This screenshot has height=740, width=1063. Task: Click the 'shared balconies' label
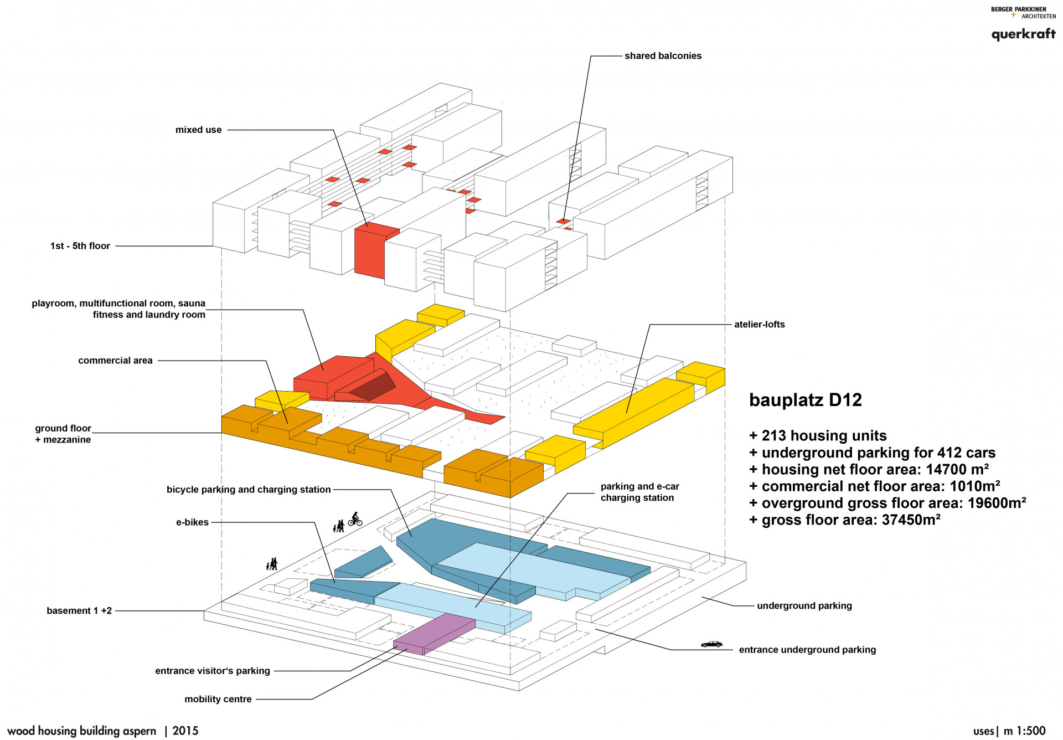pos(663,56)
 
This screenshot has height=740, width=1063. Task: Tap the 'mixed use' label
pos(198,130)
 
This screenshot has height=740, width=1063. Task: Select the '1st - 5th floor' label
pos(80,246)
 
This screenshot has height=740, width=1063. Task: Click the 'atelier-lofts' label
pos(759,325)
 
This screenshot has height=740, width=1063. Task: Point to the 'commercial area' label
pos(115,361)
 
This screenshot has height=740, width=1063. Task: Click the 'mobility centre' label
pos(218,700)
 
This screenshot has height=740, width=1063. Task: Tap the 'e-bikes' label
pos(192,522)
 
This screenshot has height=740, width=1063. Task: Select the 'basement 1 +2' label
pos(79,611)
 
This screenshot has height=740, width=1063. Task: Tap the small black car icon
pos(711,644)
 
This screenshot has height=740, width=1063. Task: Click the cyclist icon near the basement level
pos(355,519)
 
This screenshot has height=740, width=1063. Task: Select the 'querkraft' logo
pos(1023,34)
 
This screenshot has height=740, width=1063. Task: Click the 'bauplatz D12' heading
pos(805,400)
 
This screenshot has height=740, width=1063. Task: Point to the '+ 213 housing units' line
pos(818,436)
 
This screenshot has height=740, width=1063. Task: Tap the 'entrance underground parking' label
pos(807,650)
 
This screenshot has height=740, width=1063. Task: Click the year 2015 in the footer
pos(185,731)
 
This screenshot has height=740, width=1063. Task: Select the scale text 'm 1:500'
pos(1024,731)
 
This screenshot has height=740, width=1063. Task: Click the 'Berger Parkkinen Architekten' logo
pos(1023,12)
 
